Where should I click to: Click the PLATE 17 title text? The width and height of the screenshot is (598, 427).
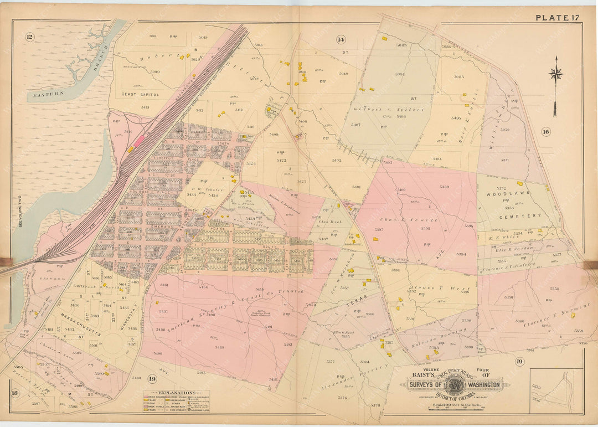pos(556,18)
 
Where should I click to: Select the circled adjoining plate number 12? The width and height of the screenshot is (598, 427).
pos(30,37)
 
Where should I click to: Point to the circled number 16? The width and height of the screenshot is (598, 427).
pos(546,132)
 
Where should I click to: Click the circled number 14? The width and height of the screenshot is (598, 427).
pos(341,39)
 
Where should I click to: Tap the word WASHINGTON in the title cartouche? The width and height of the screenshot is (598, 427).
pos(482,384)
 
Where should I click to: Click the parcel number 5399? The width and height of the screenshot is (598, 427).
pos(444,187)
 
